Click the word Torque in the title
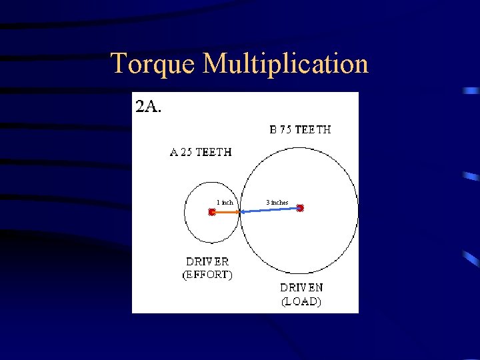[x=154, y=64]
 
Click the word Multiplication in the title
[x=286, y=64]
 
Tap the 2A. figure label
[x=148, y=107]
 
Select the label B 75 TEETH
[x=300, y=130]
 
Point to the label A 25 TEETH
[x=201, y=152]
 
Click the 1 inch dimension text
[x=225, y=202]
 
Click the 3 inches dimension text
[x=277, y=202]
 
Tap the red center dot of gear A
[x=211, y=212]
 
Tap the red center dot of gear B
[x=300, y=208]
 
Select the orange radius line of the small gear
[x=225, y=212]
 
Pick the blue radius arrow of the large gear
[x=270, y=210]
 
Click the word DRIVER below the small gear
[x=207, y=262]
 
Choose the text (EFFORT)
[x=207, y=275]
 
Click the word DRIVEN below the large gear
[x=301, y=288]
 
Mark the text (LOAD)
[x=301, y=301]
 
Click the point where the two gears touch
[x=239, y=212]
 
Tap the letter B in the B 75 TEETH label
[x=273, y=130]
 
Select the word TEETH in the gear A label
[x=215, y=152]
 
